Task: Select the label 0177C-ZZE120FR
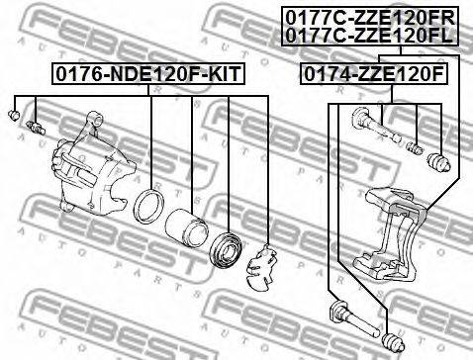click(x=365, y=17)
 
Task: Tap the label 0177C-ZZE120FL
click(x=365, y=35)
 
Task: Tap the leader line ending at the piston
click(x=191, y=158)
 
